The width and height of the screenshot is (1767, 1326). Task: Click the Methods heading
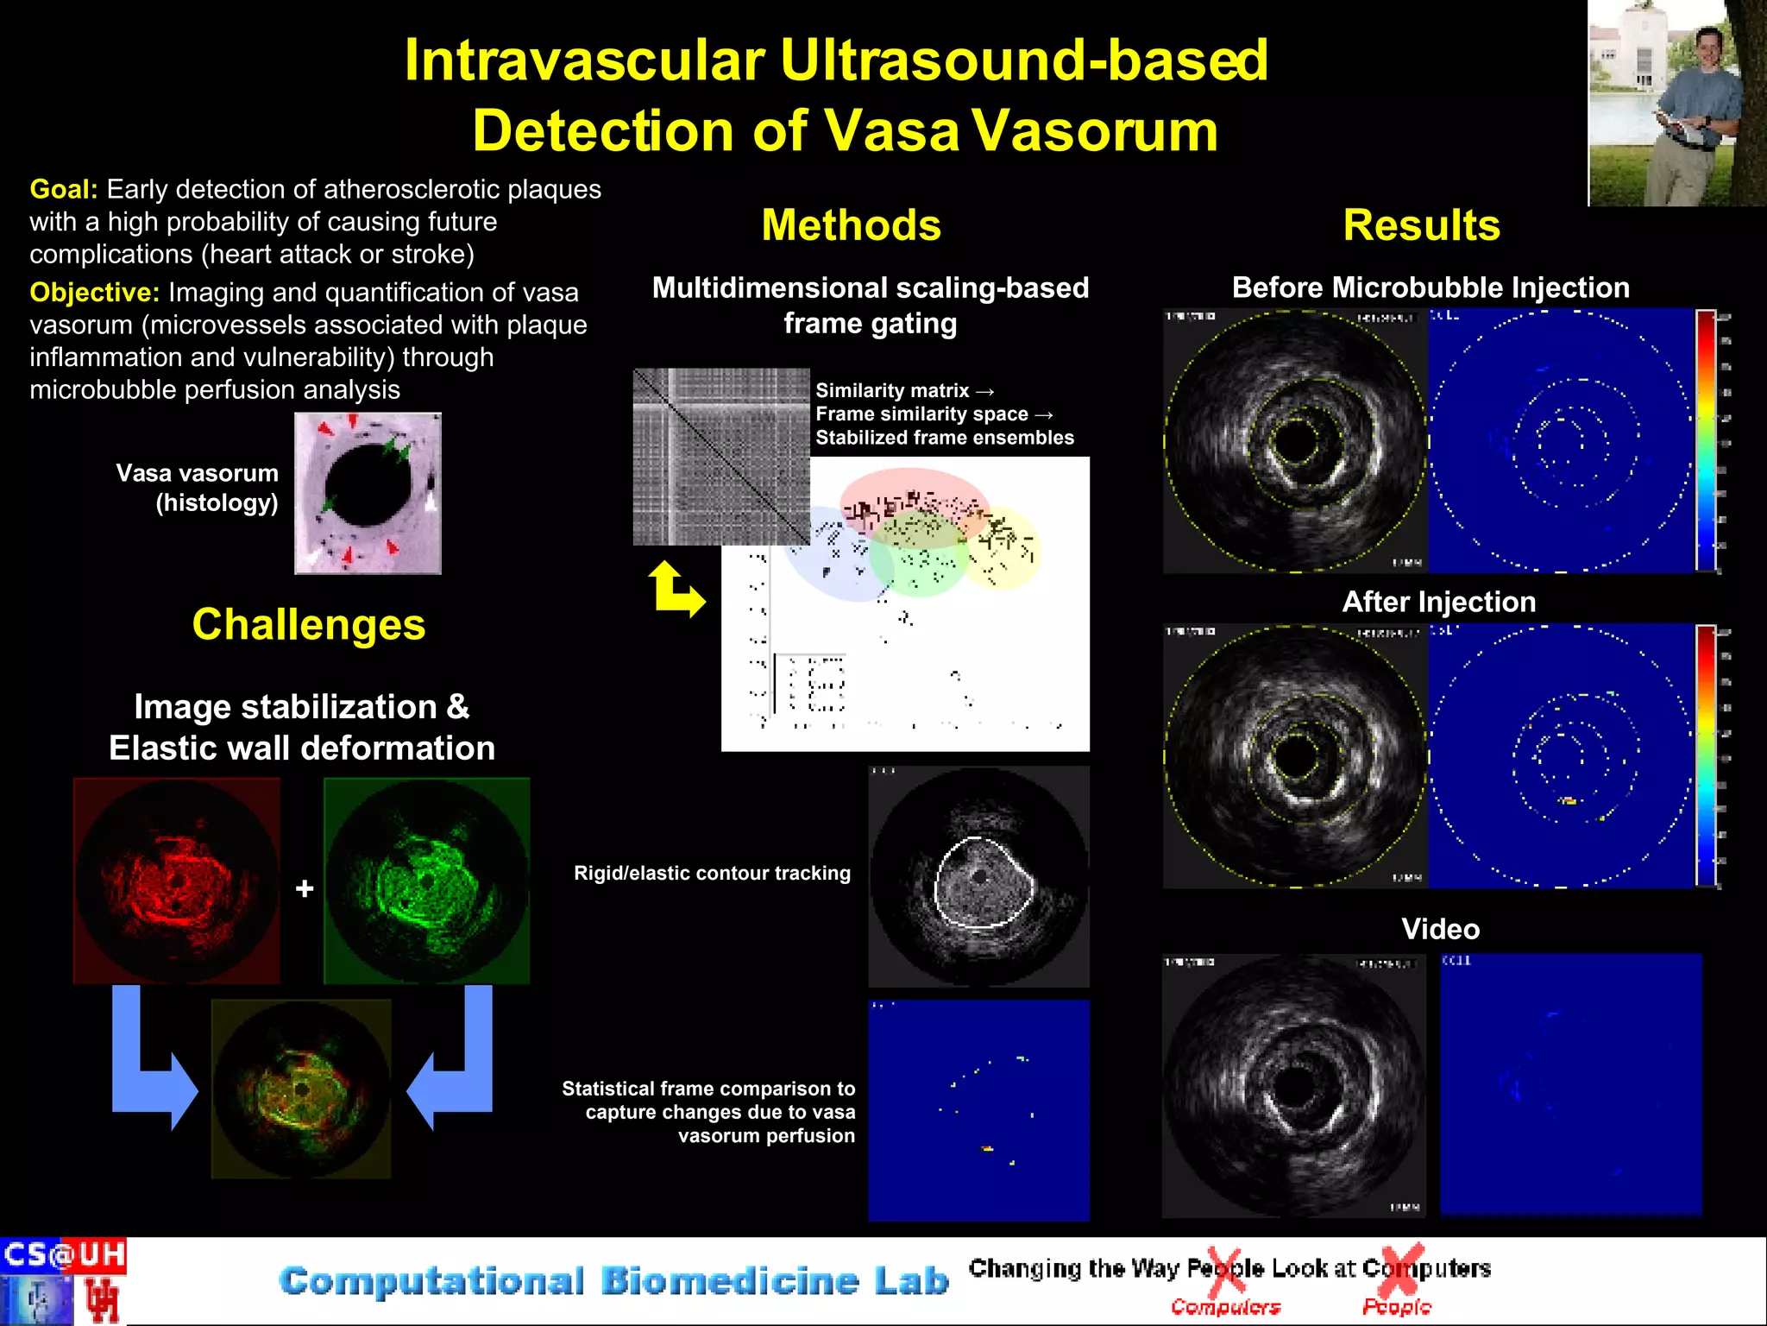tap(851, 225)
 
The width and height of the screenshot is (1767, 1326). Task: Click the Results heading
tap(1421, 225)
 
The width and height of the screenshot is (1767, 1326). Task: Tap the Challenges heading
tap(308, 624)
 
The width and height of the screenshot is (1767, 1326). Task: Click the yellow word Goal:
tap(63, 189)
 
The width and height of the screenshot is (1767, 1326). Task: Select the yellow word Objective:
tap(94, 293)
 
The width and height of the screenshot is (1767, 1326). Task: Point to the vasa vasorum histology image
tap(368, 493)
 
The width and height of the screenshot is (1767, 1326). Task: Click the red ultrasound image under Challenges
tap(177, 881)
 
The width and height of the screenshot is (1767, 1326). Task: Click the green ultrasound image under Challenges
tap(426, 881)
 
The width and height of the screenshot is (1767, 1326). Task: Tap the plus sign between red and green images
tap(304, 888)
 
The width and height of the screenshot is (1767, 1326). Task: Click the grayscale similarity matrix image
tap(720, 456)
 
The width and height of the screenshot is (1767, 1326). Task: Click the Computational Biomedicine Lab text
tap(613, 1281)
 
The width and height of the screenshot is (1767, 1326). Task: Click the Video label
tap(1440, 929)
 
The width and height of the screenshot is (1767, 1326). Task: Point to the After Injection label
tap(1438, 602)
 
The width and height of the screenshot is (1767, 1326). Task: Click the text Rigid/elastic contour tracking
tap(712, 873)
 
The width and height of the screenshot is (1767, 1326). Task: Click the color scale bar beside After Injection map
tap(1706, 755)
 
